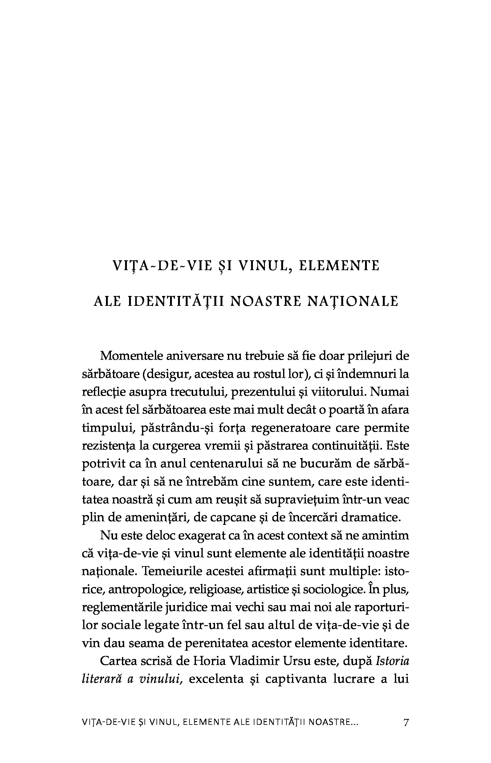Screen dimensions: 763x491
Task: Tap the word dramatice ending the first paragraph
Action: [x=370, y=517]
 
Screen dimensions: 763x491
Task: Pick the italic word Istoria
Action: [x=393, y=661]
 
